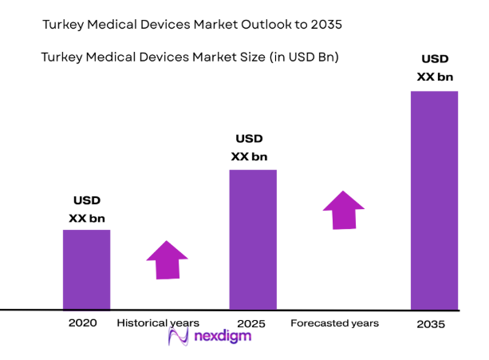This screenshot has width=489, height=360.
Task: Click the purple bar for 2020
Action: tap(86, 269)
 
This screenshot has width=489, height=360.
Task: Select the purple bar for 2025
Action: tap(253, 239)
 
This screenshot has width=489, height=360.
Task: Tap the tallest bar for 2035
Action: tap(434, 200)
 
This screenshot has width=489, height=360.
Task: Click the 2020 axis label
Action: tap(83, 323)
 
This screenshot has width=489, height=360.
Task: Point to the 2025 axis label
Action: tap(251, 324)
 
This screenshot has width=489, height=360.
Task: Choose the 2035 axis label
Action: tap(432, 324)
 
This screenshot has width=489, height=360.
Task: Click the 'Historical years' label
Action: tap(158, 323)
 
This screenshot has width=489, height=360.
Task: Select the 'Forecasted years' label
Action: tap(334, 323)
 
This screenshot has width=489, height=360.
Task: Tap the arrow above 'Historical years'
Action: tap(167, 259)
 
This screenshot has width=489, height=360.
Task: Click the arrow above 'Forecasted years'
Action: tap(343, 210)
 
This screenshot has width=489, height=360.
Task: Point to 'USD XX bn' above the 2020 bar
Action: tap(87, 209)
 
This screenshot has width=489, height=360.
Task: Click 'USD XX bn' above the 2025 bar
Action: tap(249, 148)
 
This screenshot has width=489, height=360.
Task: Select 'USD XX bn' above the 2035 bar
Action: tap(435, 68)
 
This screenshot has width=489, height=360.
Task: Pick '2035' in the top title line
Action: tap(323, 25)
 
